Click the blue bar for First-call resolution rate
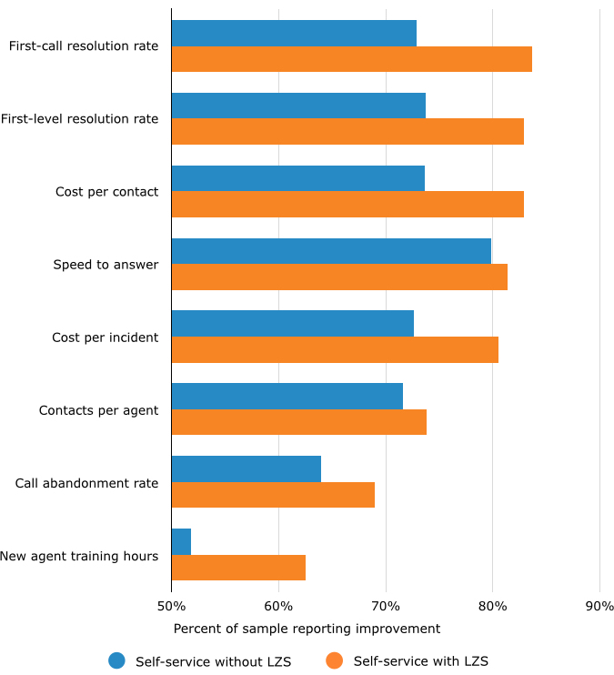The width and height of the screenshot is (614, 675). pos(294,34)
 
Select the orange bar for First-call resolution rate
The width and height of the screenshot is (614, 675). pos(351,59)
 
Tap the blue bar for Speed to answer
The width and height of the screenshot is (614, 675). pos(331,251)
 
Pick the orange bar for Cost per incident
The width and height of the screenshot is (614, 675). pos(335,349)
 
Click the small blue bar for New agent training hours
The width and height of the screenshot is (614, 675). pos(181,541)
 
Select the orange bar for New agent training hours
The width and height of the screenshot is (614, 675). pos(238,567)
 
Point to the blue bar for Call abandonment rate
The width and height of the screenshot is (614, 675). pos(247,468)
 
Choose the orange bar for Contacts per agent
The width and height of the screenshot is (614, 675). pos(298,422)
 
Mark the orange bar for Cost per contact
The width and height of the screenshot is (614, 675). pos(347,204)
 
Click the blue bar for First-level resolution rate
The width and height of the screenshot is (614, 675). pos(298,106)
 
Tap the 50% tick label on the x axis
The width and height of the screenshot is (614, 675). pos(171,607)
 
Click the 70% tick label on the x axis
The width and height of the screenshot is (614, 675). pos(386,607)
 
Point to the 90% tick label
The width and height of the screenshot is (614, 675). pos(599,607)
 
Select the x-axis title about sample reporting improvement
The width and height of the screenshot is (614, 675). pos(307,629)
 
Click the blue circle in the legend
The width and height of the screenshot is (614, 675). pos(116,661)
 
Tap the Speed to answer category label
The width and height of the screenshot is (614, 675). pos(106,265)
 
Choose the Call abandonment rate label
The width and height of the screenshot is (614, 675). pos(86,483)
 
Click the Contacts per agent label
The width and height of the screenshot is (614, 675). pos(98,410)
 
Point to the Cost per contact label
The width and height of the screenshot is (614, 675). pos(106,192)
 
